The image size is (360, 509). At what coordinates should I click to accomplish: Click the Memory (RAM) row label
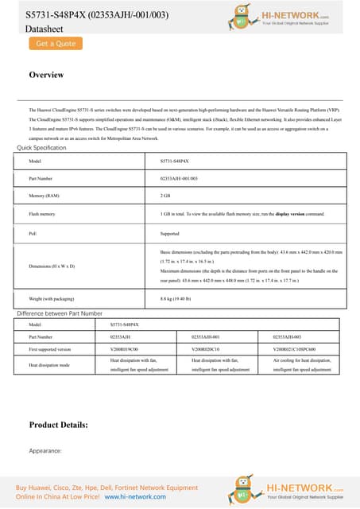[x=45, y=196]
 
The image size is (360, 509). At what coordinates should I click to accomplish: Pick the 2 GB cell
[x=166, y=196]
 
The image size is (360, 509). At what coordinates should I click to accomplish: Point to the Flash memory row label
[x=42, y=214]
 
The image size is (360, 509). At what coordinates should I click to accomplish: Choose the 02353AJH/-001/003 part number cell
[x=179, y=178]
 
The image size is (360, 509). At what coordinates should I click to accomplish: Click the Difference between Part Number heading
[x=71, y=314]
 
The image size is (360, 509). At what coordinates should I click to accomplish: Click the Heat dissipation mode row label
[x=50, y=365]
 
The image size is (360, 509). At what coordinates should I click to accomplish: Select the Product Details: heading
[x=58, y=425]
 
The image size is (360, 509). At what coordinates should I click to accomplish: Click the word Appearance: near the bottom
[x=45, y=450]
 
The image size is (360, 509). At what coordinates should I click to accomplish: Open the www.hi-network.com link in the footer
[x=133, y=496]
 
